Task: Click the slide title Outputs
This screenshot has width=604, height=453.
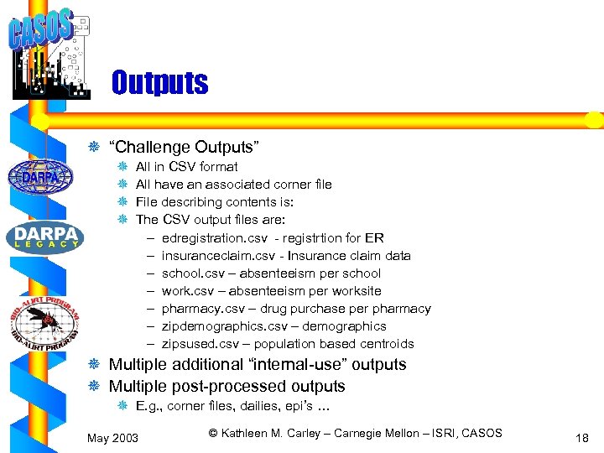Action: [159, 83]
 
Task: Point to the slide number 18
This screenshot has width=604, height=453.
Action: [583, 437]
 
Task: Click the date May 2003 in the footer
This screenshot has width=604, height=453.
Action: [113, 437]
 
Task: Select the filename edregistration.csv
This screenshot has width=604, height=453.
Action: [208, 237]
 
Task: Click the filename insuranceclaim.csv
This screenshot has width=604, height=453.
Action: [209, 255]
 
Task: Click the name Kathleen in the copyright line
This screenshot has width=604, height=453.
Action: [246, 433]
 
